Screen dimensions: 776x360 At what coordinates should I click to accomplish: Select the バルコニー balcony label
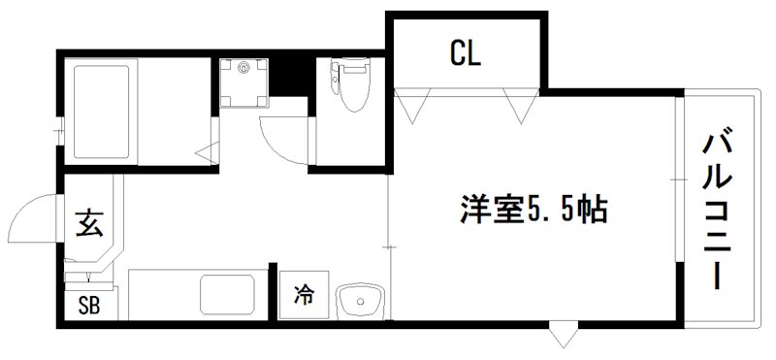pos(719,208)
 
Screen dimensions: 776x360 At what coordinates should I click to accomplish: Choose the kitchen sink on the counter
pos(228,295)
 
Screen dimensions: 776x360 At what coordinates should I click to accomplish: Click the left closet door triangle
pos(407,103)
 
